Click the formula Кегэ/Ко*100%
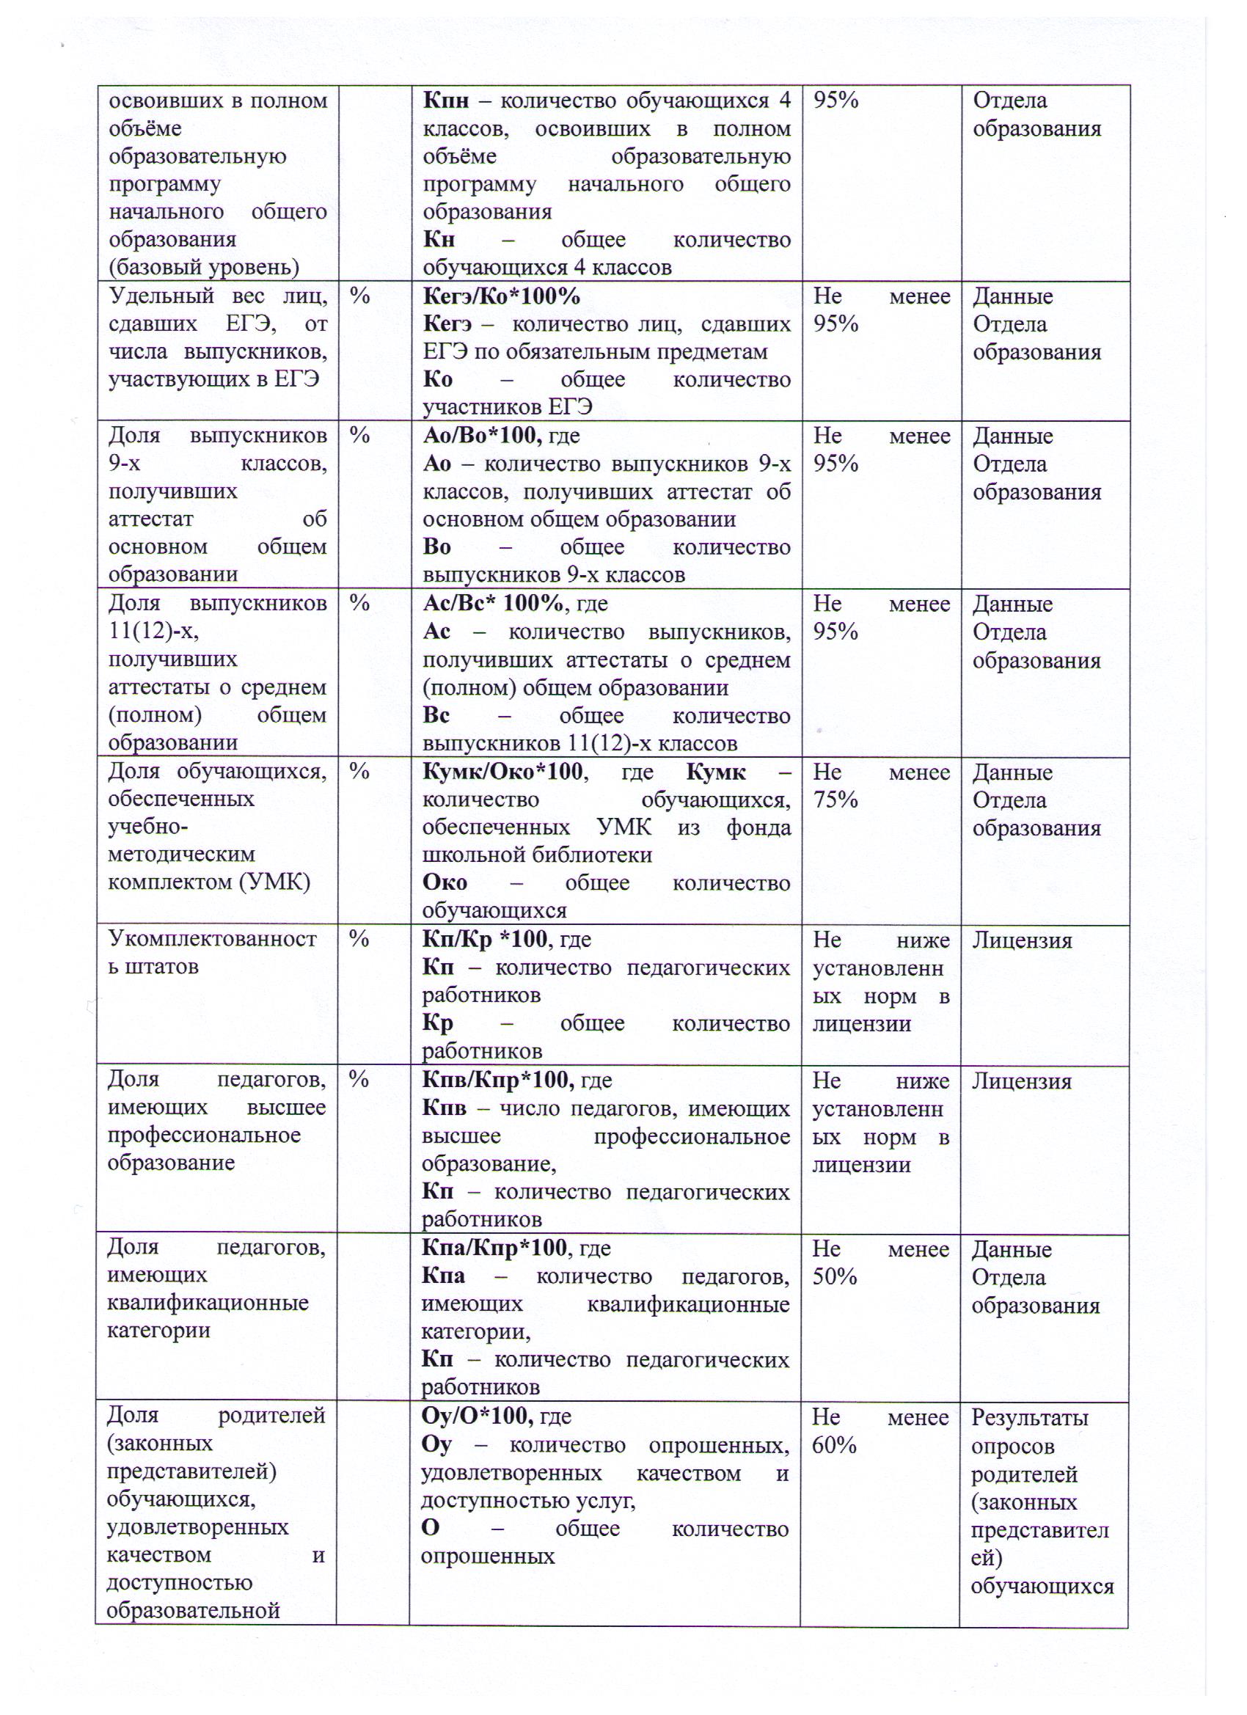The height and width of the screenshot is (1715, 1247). coord(500,296)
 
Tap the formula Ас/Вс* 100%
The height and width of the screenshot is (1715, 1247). coord(492,604)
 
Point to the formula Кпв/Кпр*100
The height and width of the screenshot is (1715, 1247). coord(494,1080)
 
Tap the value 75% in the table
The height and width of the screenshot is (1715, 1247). coord(835,800)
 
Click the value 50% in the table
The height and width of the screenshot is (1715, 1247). coord(834,1276)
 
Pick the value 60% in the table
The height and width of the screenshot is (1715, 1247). coord(834,1445)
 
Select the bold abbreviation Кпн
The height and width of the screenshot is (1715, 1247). coord(445,100)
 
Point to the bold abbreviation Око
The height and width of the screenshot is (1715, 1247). coord(445,882)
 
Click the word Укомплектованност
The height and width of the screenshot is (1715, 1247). coord(213,939)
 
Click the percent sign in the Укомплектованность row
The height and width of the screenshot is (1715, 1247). coord(359,939)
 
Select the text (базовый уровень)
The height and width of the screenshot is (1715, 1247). coord(203,267)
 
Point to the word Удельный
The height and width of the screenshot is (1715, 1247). coord(161,296)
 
